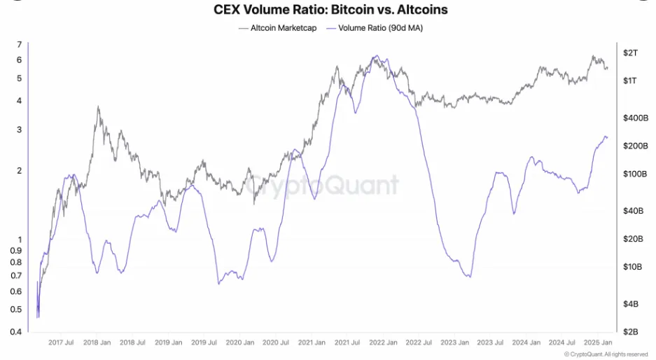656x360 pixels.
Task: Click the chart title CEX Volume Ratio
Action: click(x=330, y=10)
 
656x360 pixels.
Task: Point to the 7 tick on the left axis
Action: click(x=20, y=45)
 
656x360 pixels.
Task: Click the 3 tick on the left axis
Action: click(x=20, y=130)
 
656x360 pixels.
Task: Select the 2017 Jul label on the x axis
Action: click(x=61, y=343)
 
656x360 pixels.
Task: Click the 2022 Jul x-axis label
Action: click(x=419, y=343)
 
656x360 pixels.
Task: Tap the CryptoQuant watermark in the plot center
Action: click(x=322, y=185)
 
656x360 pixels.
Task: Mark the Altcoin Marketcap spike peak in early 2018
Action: click(x=98, y=106)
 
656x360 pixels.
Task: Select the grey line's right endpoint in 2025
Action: click(x=608, y=68)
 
